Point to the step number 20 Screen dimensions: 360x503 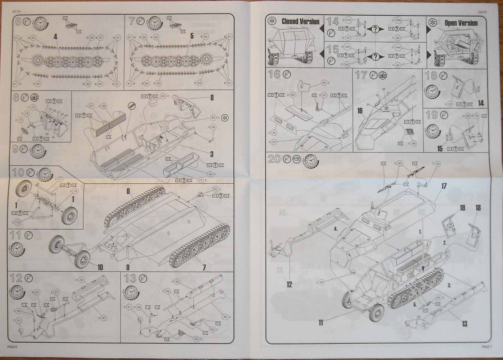(274, 159)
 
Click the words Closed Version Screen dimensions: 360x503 (300, 21)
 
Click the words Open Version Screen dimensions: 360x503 (461, 23)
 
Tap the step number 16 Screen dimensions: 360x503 (274, 74)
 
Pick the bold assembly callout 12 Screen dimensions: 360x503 (289, 284)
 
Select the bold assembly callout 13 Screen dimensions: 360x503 (464, 323)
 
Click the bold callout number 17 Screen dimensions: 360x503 (444, 186)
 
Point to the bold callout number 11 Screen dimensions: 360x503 (320, 322)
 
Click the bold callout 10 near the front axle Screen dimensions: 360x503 (100, 268)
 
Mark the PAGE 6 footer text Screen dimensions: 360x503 (13, 347)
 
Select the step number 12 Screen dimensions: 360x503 (16, 279)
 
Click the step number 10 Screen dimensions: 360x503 (18, 172)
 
